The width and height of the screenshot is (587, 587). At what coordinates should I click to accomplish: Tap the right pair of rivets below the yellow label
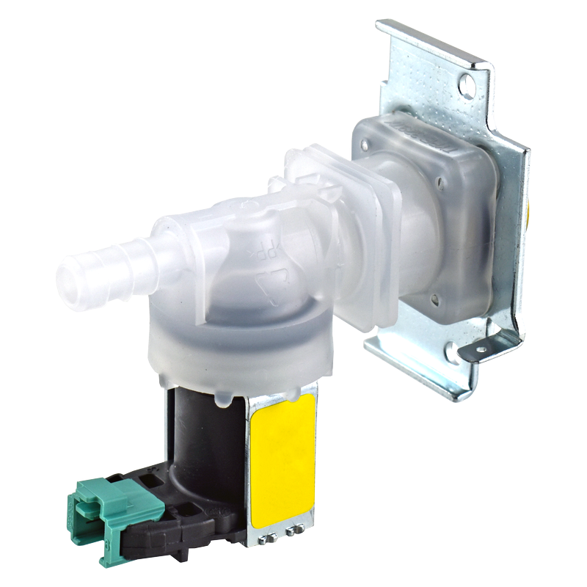pos(295,530)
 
